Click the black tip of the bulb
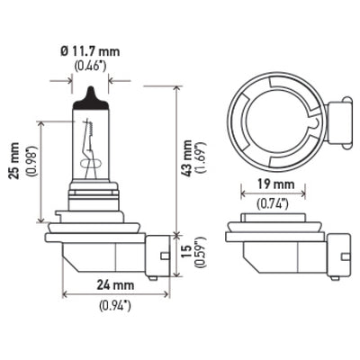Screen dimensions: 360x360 [x=90, y=100]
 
